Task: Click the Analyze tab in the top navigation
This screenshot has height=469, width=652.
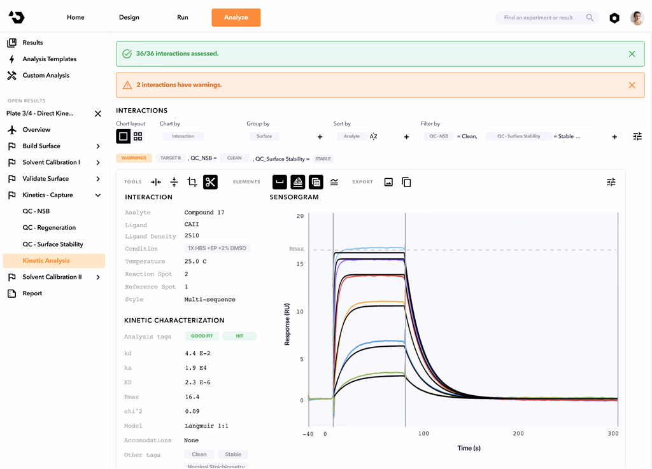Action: click(236, 17)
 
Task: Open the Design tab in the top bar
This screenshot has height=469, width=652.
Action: click(129, 17)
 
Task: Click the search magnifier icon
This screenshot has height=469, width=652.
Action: click(590, 18)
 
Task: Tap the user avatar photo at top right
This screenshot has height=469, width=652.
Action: click(637, 18)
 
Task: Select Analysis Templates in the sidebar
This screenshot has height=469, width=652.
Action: click(49, 59)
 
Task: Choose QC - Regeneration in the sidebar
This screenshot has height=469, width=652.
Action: click(49, 228)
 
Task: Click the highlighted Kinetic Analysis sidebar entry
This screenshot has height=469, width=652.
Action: click(46, 261)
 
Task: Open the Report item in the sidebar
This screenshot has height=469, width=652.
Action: click(32, 293)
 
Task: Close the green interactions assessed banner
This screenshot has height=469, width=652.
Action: click(632, 54)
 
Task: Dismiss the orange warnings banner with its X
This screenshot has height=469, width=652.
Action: click(632, 85)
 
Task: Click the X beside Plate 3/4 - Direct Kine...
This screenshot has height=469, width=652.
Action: click(98, 114)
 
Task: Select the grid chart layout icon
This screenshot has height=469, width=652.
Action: click(138, 136)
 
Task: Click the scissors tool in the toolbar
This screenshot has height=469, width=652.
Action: click(210, 183)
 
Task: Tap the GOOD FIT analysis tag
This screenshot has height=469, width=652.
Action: click(202, 336)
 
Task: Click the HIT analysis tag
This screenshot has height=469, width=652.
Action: click(239, 336)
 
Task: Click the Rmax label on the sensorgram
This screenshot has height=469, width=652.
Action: click(297, 249)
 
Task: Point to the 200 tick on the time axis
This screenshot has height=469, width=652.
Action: click(518, 434)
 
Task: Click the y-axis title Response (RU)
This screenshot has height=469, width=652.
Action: click(287, 324)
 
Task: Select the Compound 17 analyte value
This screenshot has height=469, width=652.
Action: click(204, 213)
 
